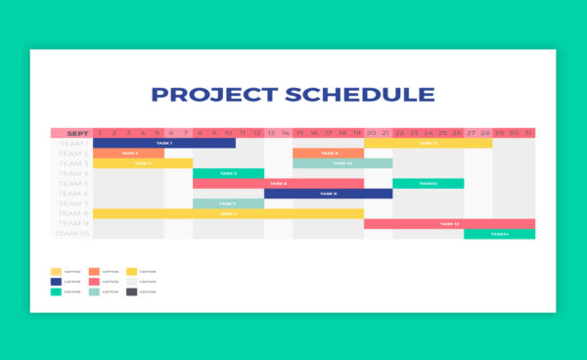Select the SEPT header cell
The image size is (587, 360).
[71, 133]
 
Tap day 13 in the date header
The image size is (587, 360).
[271, 133]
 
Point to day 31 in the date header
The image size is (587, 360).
[528, 133]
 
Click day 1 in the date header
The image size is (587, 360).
[100, 133]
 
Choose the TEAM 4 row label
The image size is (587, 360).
[71, 173]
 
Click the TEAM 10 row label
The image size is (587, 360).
[71, 234]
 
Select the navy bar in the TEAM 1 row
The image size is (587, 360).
[164, 143]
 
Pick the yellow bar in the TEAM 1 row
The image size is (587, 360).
[428, 143]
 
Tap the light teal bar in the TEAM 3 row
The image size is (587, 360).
[342, 163]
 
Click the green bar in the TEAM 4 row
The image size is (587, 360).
[228, 173]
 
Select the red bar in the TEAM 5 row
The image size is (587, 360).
[278, 183]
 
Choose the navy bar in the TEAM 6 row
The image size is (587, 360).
[328, 194]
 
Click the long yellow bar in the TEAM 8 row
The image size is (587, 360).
[228, 213]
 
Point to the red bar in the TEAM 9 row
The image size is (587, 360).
[449, 224]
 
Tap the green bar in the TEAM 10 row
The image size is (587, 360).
[499, 234]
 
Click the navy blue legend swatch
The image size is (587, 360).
[56, 281]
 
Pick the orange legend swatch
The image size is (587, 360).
[94, 271]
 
